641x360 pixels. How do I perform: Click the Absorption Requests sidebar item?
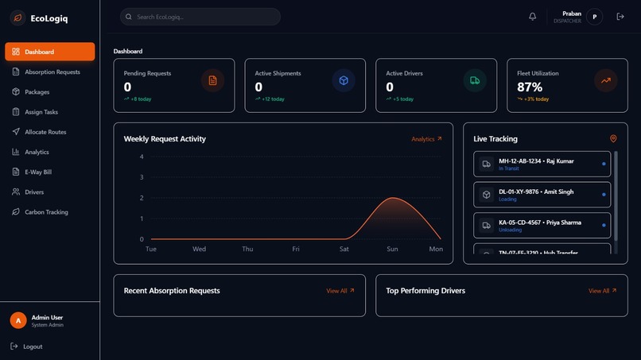click(52, 72)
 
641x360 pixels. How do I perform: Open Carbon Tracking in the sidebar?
click(46, 212)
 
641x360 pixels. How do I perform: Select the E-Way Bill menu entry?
click(37, 172)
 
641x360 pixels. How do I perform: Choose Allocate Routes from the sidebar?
click(45, 132)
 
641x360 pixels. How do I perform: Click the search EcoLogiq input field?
click(200, 17)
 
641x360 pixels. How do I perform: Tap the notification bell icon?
click(533, 17)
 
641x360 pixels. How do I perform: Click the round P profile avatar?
click(595, 17)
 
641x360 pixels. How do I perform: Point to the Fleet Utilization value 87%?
click(530, 87)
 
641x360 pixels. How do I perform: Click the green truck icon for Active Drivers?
click(475, 80)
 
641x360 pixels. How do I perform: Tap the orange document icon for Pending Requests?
click(212, 80)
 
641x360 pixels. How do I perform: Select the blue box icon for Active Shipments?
click(344, 80)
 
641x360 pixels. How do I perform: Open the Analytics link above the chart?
click(426, 139)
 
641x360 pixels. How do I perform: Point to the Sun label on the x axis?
click(392, 249)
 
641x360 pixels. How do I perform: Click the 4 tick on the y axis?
click(142, 157)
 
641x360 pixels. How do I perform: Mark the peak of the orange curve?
click(392, 198)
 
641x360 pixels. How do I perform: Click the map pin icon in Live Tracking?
click(613, 139)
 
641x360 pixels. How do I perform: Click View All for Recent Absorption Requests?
click(340, 291)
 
